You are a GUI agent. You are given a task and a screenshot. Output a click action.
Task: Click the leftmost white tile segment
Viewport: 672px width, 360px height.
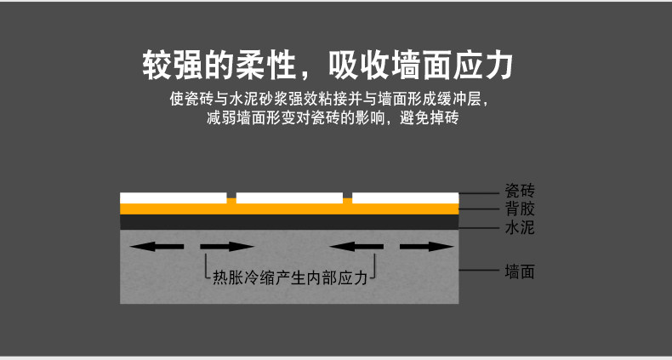174,198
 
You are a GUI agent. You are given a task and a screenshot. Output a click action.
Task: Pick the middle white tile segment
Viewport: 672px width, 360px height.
289,198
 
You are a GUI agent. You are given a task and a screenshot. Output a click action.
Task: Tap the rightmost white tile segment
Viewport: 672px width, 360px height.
405,198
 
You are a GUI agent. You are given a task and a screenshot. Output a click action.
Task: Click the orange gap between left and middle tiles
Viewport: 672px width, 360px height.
231,201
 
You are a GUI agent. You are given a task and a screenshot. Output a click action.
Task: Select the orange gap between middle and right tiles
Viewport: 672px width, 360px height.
347,201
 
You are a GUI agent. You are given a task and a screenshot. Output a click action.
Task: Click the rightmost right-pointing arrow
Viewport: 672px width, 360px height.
426,247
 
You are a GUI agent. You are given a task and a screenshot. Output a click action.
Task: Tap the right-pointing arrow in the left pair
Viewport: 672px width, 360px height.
227,247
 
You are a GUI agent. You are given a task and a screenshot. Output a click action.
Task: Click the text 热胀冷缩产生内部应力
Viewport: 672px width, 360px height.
289,277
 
